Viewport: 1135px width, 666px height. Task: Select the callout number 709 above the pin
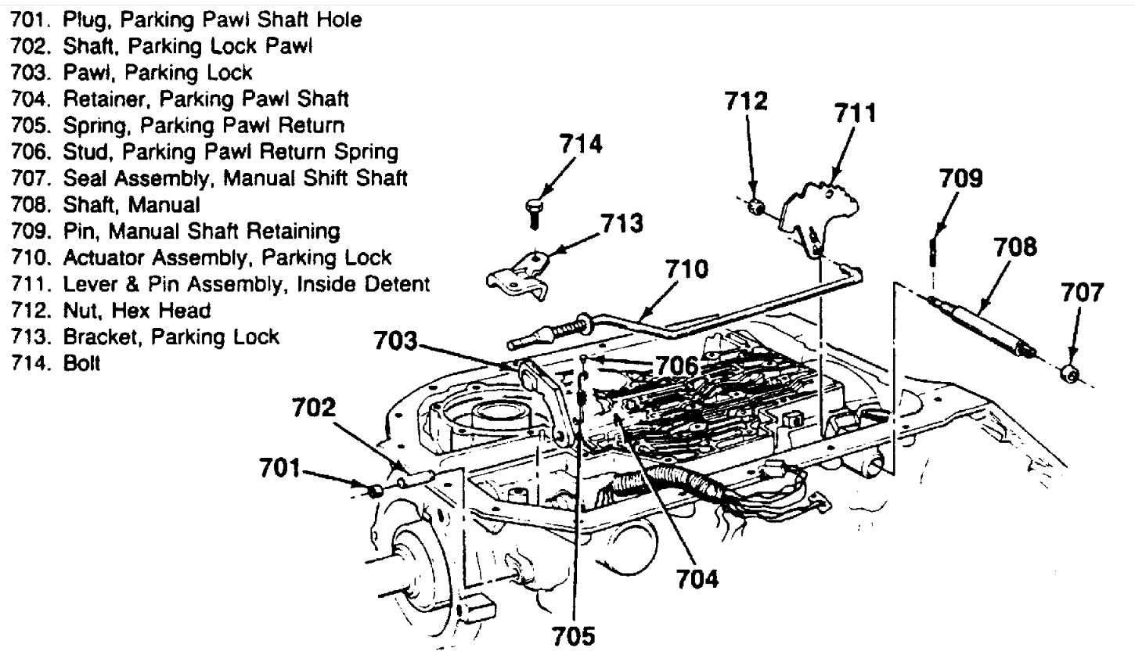coord(960,178)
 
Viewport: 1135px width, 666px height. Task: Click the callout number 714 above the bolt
coord(580,145)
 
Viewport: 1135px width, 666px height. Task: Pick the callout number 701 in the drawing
coord(279,469)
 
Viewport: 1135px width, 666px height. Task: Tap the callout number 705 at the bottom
coord(574,635)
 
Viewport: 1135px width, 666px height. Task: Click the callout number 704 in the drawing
coord(697,578)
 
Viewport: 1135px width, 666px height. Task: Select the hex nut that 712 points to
coord(757,207)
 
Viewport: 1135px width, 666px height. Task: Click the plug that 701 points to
coord(375,491)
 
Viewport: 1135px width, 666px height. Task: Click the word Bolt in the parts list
coord(81,364)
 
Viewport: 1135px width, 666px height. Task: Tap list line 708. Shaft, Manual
coord(106,205)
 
